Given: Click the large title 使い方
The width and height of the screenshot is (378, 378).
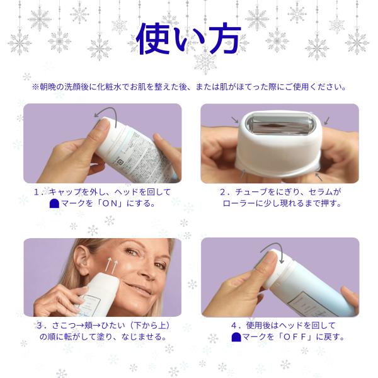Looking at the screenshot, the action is (188, 38).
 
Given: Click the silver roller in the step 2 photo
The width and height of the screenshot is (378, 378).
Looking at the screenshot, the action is (280, 125).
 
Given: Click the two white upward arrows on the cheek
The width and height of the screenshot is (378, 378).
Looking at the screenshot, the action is (113, 265).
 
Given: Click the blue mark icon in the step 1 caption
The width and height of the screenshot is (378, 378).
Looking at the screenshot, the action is (54, 203).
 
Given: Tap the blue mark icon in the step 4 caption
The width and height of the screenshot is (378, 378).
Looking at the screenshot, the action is (236, 337).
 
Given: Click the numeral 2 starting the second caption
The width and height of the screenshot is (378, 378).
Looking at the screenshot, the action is (223, 192).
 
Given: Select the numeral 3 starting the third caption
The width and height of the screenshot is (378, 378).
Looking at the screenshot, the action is (40, 326).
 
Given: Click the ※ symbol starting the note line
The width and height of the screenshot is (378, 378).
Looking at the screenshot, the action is (35, 87).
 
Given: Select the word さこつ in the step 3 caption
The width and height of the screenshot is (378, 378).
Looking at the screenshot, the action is (64, 326).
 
